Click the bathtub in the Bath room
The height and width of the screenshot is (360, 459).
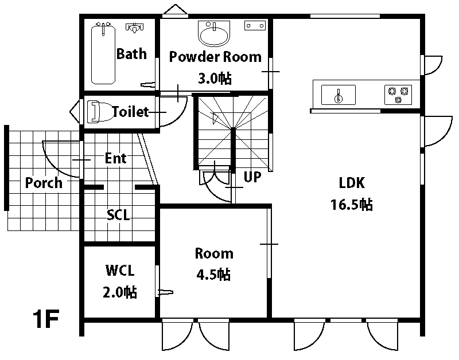[103, 53]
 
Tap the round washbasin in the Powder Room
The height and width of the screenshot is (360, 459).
[214, 34]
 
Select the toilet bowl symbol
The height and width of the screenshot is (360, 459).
[100, 111]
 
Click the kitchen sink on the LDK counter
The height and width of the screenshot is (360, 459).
[339, 95]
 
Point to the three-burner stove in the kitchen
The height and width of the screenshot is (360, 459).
[398, 95]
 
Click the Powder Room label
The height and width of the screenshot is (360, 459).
[215, 57]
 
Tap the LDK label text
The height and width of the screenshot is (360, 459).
[352, 183]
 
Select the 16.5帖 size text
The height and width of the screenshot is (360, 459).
[352, 205]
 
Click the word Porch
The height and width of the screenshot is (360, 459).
[44, 183]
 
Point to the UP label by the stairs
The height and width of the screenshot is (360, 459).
[252, 177]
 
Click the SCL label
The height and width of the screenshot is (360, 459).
[118, 215]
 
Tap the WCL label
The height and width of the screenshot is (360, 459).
[120, 271]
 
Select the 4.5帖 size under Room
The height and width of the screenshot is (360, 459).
[213, 275]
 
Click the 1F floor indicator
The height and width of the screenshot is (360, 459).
[46, 319]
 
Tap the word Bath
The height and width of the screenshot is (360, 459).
[131, 54]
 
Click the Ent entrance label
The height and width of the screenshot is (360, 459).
[116, 158]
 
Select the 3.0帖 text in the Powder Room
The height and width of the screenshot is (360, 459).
[215, 79]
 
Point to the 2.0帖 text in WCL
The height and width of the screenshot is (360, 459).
[120, 292]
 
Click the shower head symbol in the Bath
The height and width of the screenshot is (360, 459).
[135, 28]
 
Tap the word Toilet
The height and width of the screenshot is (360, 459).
[131, 112]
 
